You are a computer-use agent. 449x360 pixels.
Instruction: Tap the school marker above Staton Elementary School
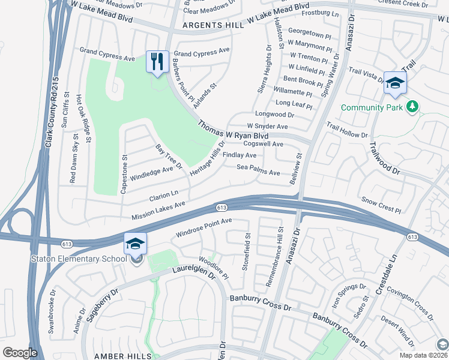point(135,244)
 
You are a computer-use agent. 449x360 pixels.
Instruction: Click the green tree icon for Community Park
point(412,107)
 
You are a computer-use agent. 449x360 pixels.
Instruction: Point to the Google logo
point(20,353)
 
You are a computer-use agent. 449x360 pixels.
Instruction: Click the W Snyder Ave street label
point(271,127)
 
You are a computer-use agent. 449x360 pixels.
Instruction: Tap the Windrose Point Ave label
point(203,226)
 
